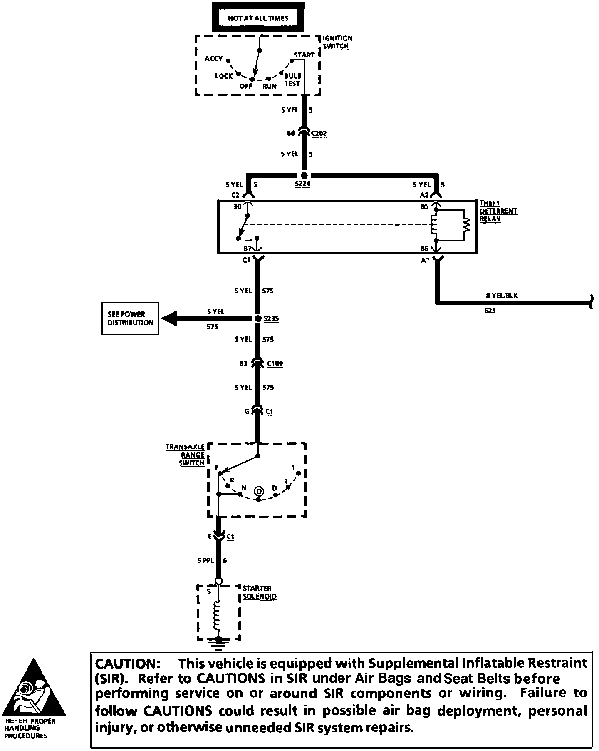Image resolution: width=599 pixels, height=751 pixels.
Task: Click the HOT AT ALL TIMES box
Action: pos(258,18)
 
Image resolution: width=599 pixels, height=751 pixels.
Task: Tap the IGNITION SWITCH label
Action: pos(337,42)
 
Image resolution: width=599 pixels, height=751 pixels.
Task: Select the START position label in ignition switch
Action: pos(304,55)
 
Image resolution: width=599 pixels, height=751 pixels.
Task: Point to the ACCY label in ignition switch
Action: pos(214,59)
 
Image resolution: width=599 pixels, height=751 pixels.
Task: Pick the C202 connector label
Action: pos(319,134)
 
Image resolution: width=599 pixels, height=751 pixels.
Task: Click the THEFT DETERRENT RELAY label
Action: pos(498,211)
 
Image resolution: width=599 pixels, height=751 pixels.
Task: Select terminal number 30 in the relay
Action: pos(237,206)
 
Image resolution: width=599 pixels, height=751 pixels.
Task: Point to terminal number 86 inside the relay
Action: pos(424,249)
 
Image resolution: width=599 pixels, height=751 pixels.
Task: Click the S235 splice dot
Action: pos(257,318)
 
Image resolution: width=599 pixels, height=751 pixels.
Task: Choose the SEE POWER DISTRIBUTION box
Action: pos(130,318)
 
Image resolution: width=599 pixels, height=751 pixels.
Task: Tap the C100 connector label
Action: pos(275,363)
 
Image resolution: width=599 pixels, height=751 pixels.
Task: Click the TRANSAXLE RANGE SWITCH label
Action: pos(186,455)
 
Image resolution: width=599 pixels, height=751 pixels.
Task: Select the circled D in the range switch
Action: pos(259,491)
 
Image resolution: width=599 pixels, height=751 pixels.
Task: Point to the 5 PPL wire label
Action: pos(205,560)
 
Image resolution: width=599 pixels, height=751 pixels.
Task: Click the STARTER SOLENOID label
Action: pos(260,592)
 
